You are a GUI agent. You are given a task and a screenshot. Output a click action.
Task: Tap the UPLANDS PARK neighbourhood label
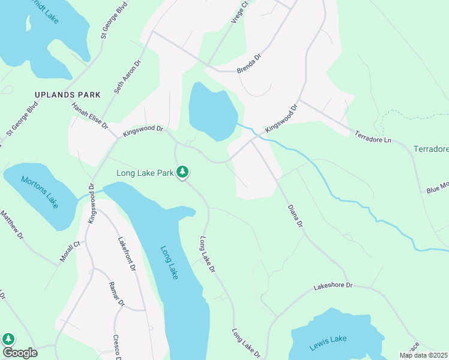pyautogui.click(x=67, y=95)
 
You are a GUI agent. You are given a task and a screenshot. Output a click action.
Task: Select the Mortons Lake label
pyautogui.click(x=40, y=191)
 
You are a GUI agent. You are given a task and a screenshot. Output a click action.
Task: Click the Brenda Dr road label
pyautogui.click(x=249, y=64)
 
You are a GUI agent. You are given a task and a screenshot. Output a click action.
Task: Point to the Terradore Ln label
pyautogui.click(x=372, y=136)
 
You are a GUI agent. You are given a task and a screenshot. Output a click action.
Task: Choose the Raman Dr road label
pyautogui.click(x=116, y=293)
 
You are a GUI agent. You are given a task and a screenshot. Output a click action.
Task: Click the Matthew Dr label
pyautogui.click(x=11, y=225)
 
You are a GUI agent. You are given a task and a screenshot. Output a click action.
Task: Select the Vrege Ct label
pyautogui.click(x=240, y=13)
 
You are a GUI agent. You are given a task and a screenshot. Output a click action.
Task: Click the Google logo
pyautogui.click(x=19, y=353)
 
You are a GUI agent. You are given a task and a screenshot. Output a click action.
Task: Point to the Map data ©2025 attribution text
pyautogui.click(x=423, y=355)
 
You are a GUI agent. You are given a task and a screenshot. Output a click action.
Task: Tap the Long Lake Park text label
pyautogui.click(x=145, y=173)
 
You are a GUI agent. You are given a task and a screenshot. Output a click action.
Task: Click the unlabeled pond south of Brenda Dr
pyautogui.click(x=212, y=111)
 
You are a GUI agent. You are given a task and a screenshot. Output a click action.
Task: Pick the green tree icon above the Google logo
pyautogui.click(x=8, y=340)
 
